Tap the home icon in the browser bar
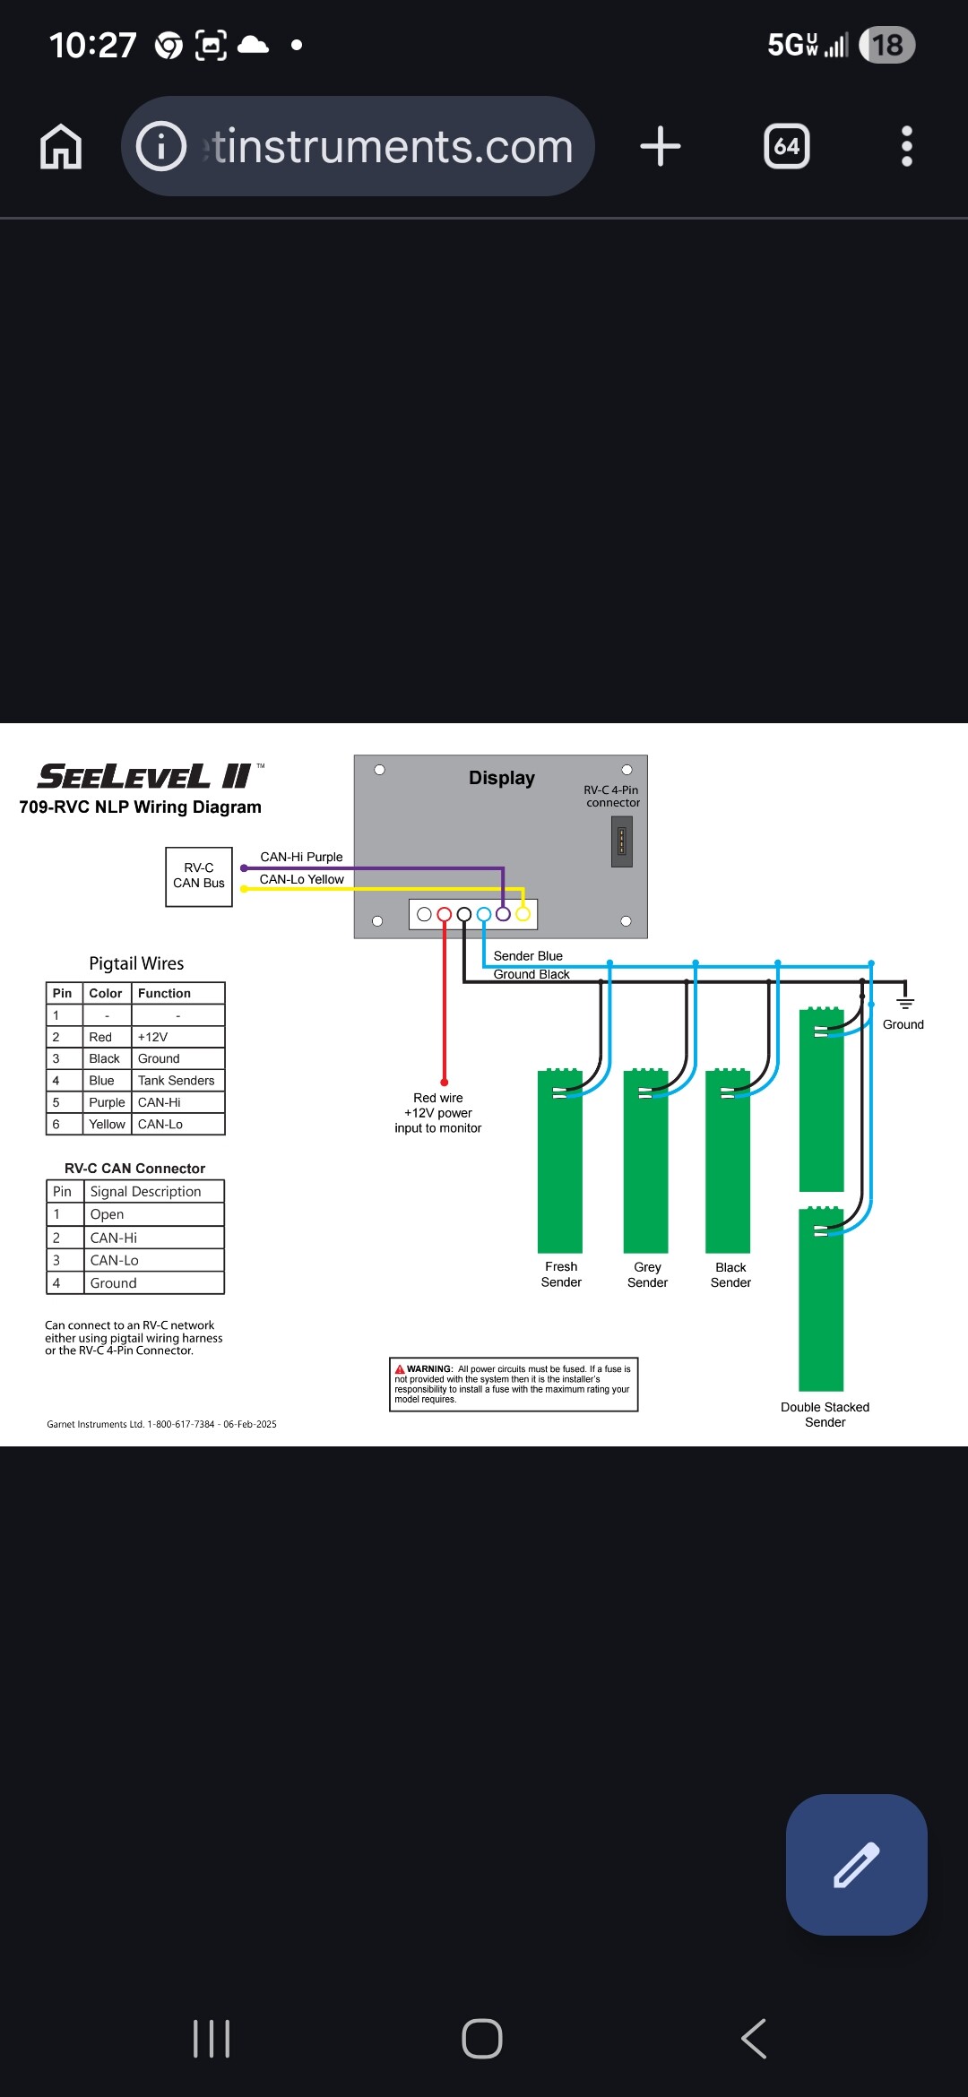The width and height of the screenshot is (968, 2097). [x=61, y=147]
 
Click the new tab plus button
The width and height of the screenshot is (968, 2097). [x=661, y=146]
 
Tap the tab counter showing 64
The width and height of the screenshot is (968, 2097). [x=786, y=146]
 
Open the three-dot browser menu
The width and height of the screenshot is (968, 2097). [x=906, y=146]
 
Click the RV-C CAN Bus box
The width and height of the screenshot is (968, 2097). [x=199, y=876]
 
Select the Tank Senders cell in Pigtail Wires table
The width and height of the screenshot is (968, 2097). [x=177, y=1081]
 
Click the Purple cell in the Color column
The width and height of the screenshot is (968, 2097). [x=107, y=1102]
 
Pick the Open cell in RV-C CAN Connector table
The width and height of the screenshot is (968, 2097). [x=107, y=1214]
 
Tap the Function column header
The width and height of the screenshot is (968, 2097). [x=164, y=993]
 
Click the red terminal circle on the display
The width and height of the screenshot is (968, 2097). [x=444, y=915]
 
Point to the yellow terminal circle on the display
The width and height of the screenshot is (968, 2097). [x=523, y=915]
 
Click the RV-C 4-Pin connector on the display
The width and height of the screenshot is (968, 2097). [x=621, y=841]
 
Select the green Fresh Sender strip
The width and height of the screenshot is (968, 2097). [x=560, y=1165]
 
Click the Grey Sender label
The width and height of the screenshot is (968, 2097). [x=647, y=1274]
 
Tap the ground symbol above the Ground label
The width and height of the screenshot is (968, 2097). [x=905, y=1001]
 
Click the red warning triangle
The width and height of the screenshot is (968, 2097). [x=400, y=1369]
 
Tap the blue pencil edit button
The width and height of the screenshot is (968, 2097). [x=856, y=1864]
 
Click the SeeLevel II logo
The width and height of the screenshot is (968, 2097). [x=143, y=776]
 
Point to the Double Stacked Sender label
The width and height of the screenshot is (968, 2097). [x=825, y=1414]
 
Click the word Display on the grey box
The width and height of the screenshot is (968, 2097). [x=501, y=778]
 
